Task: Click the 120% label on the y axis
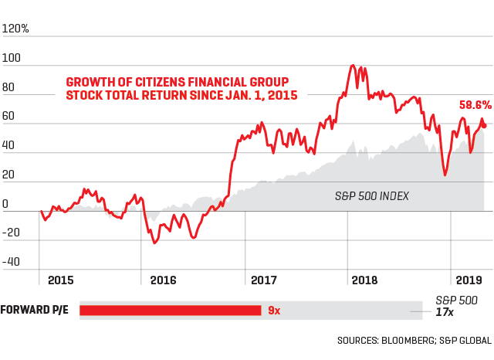pyautogui.click(x=16, y=29)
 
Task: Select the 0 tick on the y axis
pyautogui.click(x=6, y=205)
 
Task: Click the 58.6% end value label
pyautogui.click(x=475, y=104)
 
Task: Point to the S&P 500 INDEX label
pyautogui.click(x=371, y=196)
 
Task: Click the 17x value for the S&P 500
pyautogui.click(x=444, y=312)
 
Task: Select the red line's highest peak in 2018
pyautogui.click(x=353, y=66)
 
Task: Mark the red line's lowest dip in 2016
pyautogui.click(x=155, y=243)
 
